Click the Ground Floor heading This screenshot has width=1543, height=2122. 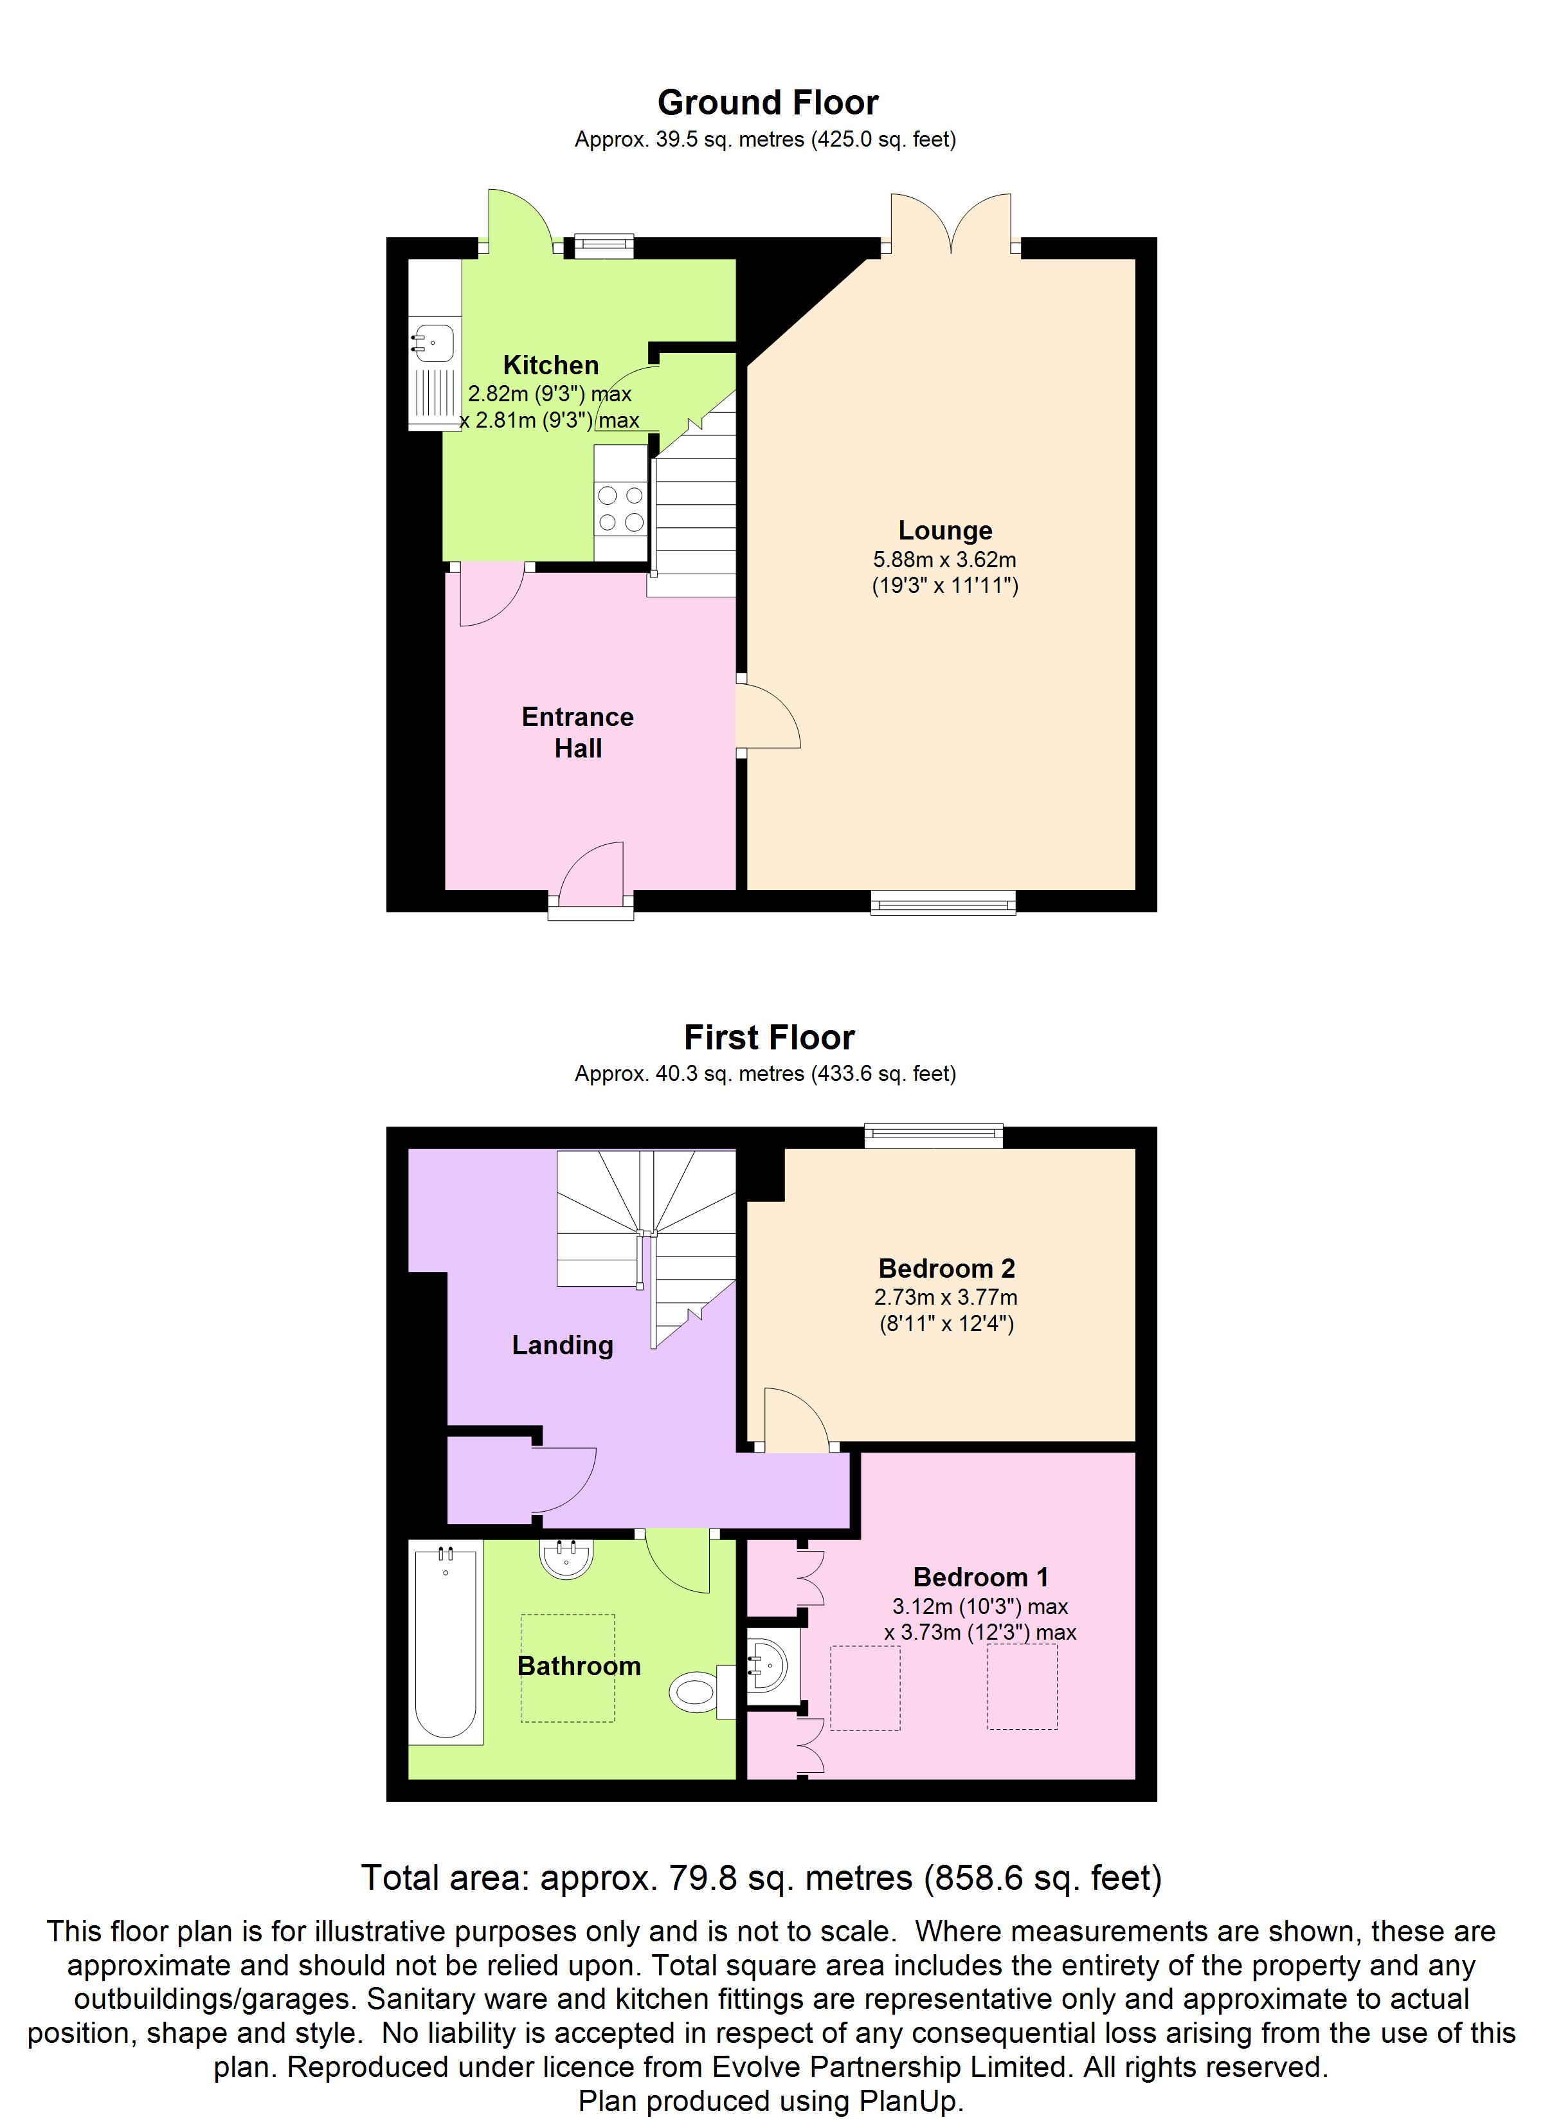pyautogui.click(x=767, y=102)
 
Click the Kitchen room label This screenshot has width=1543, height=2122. pyautogui.click(x=550, y=365)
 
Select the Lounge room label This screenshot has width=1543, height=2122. pyautogui.click(x=944, y=530)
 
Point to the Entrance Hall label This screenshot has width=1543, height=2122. pyautogui.click(x=577, y=732)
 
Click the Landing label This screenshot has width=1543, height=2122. pyautogui.click(x=563, y=1345)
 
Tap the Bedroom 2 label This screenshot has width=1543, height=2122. pyautogui.click(x=946, y=1268)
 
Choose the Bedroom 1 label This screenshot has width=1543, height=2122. pyautogui.click(x=980, y=1577)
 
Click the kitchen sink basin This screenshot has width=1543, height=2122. pyautogui.click(x=433, y=343)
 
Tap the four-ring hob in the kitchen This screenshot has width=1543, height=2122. pyautogui.click(x=620, y=508)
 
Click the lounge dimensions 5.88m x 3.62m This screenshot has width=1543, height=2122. pyautogui.click(x=944, y=559)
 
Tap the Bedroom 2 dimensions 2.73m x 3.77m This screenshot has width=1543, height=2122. pyautogui.click(x=945, y=1297)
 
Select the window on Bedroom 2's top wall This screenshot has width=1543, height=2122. pyautogui.click(x=933, y=1136)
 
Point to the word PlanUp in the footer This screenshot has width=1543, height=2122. pyautogui.click(x=908, y=2101)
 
